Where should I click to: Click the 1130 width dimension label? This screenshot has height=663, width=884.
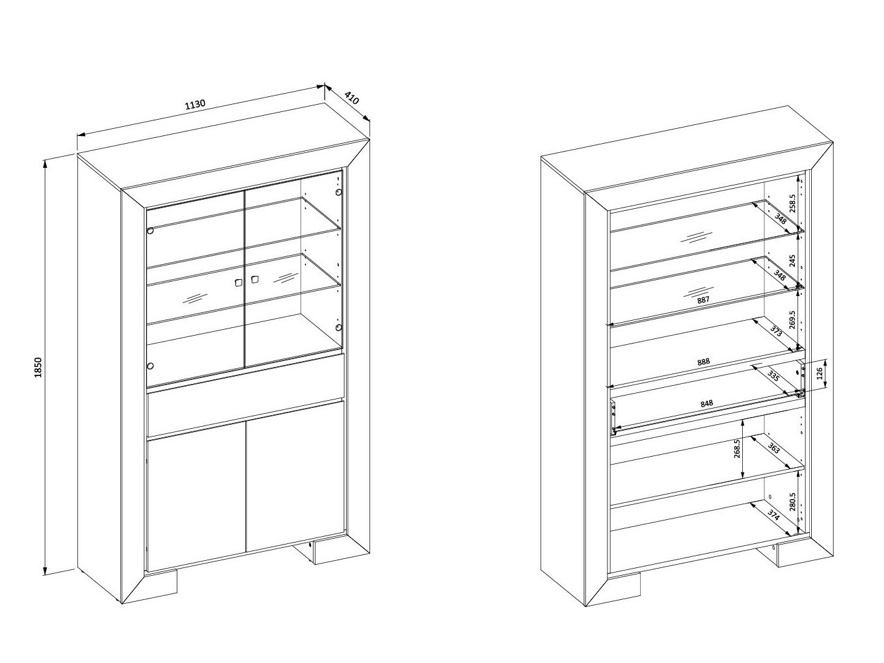[x=195, y=104]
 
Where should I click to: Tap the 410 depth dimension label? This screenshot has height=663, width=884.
[x=352, y=98]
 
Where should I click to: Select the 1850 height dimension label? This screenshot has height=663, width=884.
[x=38, y=367]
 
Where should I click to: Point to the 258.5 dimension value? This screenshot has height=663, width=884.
[x=792, y=204]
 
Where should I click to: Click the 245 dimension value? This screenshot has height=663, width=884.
[x=792, y=261]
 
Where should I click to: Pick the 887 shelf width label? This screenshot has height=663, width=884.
[x=703, y=300]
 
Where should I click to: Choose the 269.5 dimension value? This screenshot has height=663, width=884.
[x=792, y=320]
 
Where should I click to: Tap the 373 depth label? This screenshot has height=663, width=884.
[x=776, y=331]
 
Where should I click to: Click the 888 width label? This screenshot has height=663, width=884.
[x=703, y=362]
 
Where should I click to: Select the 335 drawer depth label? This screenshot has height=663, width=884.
[x=773, y=376]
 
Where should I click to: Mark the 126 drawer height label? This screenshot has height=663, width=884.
[x=819, y=373]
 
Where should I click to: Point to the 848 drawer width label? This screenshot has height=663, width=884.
[x=706, y=403]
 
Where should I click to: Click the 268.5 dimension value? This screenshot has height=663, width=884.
[x=737, y=448]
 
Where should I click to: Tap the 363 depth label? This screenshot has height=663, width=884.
[x=773, y=448]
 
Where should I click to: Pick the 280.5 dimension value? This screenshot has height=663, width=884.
[x=792, y=502]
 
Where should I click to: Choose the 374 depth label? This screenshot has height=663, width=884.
[x=773, y=515]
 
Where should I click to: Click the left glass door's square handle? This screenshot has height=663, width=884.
[x=239, y=283]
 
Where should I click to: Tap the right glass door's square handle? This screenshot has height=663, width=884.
[x=254, y=280]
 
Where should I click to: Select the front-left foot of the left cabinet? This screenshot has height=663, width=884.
[x=161, y=584]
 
